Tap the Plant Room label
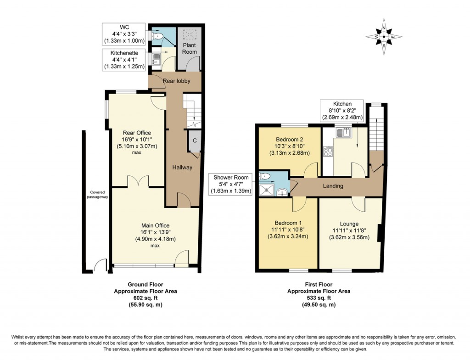(x=190, y=49)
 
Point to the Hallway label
(x=182, y=168)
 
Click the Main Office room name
(x=155, y=225)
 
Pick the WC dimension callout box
(x=123, y=33)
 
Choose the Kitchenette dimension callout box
(x=123, y=60)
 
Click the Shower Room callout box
(x=231, y=184)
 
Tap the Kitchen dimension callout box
(x=342, y=111)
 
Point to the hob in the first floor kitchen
(x=328, y=151)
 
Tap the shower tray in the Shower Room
(x=267, y=190)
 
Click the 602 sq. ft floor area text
(x=138, y=298)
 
